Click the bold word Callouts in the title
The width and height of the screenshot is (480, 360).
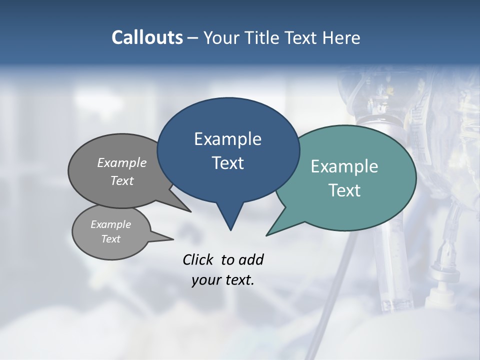(147, 37)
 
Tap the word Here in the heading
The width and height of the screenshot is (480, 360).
(342, 37)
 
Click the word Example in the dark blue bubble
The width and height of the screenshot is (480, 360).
(227, 139)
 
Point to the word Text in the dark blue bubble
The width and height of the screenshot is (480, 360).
(227, 163)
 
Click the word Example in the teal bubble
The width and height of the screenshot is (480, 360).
(344, 166)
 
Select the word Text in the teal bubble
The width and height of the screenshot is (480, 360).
(344, 190)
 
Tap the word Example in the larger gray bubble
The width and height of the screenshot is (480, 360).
(122, 162)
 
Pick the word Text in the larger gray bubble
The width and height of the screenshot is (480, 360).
(122, 180)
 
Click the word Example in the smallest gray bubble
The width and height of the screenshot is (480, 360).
(110, 224)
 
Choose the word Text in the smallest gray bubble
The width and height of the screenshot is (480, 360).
(110, 239)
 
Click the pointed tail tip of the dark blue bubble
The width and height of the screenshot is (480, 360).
(230, 230)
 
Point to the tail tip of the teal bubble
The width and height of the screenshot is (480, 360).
(266, 235)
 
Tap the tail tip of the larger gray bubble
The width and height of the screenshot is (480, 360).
(190, 211)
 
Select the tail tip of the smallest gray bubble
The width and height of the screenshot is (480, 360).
(173, 239)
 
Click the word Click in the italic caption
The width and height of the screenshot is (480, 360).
(199, 259)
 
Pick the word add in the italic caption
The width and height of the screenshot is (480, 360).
(251, 259)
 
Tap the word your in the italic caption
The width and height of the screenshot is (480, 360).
(205, 280)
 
